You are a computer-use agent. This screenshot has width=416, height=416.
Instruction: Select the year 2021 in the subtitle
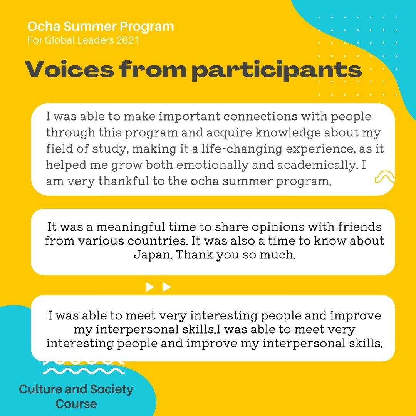128,40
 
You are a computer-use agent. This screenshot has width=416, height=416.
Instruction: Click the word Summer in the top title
90,27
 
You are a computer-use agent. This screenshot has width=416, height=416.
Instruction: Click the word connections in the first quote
260,116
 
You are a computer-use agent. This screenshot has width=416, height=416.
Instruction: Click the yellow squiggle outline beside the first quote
385,176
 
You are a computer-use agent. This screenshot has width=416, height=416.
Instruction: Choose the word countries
157,241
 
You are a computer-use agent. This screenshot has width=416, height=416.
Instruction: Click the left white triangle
150,287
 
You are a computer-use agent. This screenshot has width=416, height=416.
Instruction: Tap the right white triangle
167,287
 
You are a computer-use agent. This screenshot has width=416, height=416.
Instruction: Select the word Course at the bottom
76,404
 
